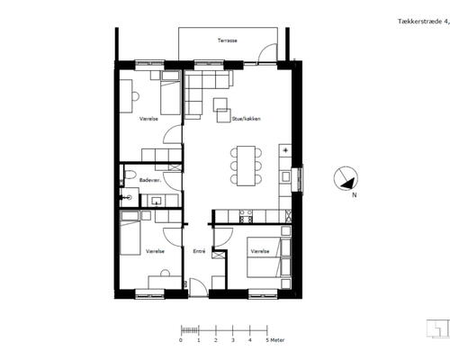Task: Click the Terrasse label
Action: (x=228, y=40)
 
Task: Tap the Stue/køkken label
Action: (x=246, y=119)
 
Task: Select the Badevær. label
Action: (x=150, y=180)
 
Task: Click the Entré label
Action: (x=199, y=251)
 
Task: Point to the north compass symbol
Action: (x=346, y=178)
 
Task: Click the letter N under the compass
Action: (x=355, y=195)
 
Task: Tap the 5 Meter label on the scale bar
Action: (x=275, y=340)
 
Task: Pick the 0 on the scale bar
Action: (x=181, y=340)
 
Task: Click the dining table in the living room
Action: (x=246, y=166)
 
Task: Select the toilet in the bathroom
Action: (x=130, y=175)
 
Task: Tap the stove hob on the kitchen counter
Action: (x=246, y=216)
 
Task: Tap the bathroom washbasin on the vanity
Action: (x=157, y=201)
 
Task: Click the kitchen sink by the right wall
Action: (x=285, y=176)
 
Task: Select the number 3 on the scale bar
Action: (x=233, y=340)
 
